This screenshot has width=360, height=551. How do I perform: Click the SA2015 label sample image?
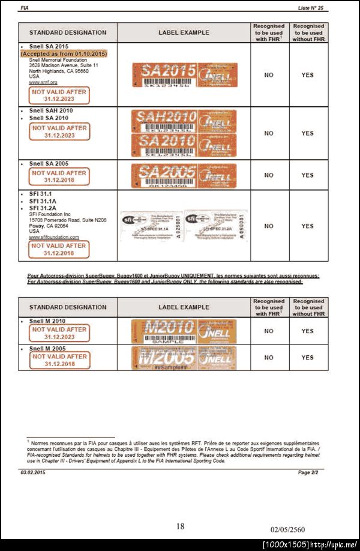tap(185, 74)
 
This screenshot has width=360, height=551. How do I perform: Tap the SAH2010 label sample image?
tap(185, 121)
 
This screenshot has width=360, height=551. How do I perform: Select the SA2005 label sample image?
tap(185, 176)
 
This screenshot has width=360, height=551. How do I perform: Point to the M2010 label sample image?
tap(184, 331)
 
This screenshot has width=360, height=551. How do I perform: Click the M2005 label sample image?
tap(184, 358)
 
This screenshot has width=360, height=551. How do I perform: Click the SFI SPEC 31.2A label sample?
tap(215, 226)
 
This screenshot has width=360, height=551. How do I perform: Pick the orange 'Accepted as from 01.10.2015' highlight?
tap(64, 53)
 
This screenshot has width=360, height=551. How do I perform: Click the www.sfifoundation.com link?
tap(54, 237)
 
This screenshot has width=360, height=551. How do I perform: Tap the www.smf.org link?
tap(43, 82)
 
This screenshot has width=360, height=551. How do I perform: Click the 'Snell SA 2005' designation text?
tap(49, 163)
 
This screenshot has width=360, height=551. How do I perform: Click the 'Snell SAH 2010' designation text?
tap(51, 110)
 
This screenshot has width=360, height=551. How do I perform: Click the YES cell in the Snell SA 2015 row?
tap(307, 75)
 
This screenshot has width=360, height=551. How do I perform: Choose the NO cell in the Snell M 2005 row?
tap(269, 358)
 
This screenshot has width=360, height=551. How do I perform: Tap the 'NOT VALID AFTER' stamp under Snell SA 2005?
tap(59, 176)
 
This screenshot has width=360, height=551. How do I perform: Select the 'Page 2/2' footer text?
tap(312, 473)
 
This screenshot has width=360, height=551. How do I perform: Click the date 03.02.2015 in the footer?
tap(32, 473)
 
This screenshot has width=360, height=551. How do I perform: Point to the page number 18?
tap(180, 526)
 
